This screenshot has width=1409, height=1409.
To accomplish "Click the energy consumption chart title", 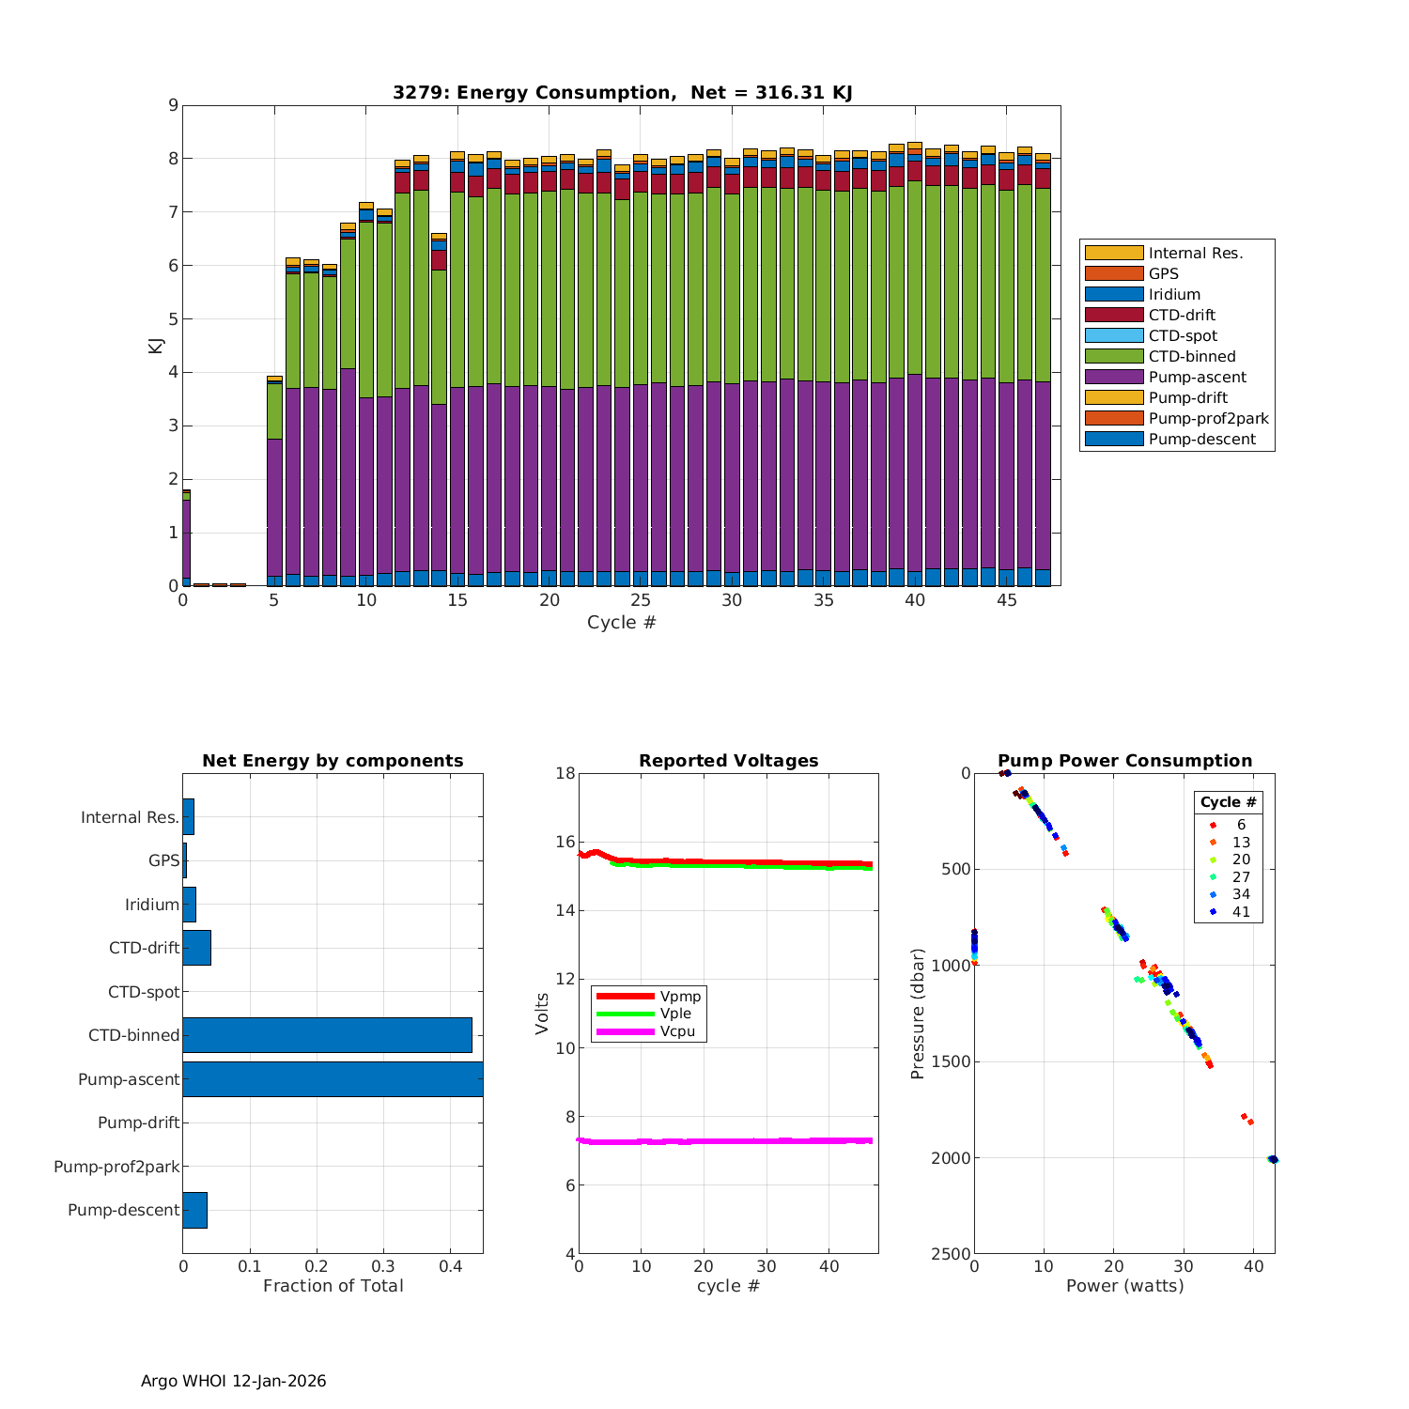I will click(x=622, y=92).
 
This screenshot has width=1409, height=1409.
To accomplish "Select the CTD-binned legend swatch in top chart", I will click(x=1113, y=356).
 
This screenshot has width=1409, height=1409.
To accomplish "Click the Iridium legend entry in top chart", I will click(x=1174, y=294).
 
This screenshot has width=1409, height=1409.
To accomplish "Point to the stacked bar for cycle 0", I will click(x=187, y=540).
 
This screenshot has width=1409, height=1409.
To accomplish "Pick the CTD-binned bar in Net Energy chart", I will click(x=327, y=1035).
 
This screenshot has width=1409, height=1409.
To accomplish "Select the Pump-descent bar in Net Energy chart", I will click(x=194, y=1210).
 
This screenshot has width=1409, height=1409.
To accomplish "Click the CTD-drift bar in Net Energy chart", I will click(x=196, y=948).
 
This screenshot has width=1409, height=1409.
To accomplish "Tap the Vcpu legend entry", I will click(x=677, y=1031).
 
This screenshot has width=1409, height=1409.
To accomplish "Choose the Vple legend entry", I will click(x=675, y=1014).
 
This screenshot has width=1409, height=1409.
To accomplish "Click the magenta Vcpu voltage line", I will click(x=733, y=1141).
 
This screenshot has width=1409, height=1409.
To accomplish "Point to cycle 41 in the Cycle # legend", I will click(x=1241, y=912).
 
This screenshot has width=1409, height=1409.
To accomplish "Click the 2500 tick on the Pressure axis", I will click(x=951, y=1254).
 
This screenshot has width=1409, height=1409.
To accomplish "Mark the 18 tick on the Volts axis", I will click(x=565, y=773).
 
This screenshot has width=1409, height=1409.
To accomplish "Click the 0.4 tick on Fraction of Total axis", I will click(x=450, y=1266).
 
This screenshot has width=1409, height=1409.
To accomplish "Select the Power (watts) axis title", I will click(x=1124, y=1286).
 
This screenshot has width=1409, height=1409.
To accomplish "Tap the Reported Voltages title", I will click(x=728, y=761).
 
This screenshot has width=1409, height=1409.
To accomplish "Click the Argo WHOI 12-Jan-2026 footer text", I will click(x=233, y=1381).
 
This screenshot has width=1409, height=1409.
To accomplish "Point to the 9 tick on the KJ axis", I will click(x=173, y=105).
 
